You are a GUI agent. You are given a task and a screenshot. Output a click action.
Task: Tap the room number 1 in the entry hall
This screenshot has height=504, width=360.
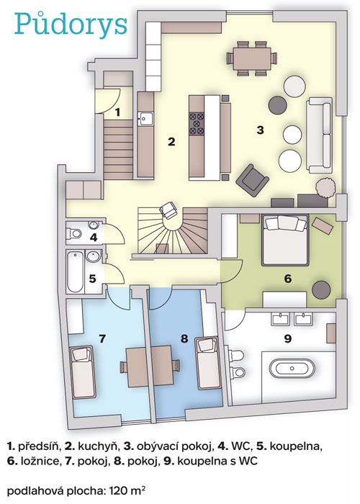pos(117,112)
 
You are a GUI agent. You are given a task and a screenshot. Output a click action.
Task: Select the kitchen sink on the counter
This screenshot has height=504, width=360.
pos(145,119)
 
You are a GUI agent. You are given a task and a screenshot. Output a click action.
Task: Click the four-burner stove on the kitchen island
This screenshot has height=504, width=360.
pos(197,123)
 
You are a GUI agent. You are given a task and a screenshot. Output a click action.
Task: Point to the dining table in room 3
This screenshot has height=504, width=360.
pos(252,58)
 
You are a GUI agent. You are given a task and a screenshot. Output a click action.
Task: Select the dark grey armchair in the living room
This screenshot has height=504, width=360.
pos(252,180)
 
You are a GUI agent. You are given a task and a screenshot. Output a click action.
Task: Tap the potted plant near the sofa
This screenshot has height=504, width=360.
pos(325,187)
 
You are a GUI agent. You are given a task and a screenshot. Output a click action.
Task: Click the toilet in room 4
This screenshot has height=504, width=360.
pos(73,233)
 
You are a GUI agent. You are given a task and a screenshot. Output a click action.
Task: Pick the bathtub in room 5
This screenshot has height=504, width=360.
pos(75,271)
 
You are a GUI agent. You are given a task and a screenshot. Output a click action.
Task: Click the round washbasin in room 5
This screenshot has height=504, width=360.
pos(93,256)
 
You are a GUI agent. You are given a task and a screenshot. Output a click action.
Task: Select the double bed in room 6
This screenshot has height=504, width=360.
pos(284,240)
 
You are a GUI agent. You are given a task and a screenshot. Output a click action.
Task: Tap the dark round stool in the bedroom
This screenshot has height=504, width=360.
pos(322,290)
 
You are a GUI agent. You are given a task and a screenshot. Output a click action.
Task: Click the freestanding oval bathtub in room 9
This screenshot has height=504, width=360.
pos(292,368)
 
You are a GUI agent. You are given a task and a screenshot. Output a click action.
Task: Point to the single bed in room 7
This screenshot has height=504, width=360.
pos(83,372)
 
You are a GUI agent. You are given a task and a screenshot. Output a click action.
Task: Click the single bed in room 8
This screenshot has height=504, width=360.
pos(208,363)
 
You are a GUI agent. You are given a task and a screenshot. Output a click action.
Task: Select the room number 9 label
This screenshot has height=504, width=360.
pos(288,338)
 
